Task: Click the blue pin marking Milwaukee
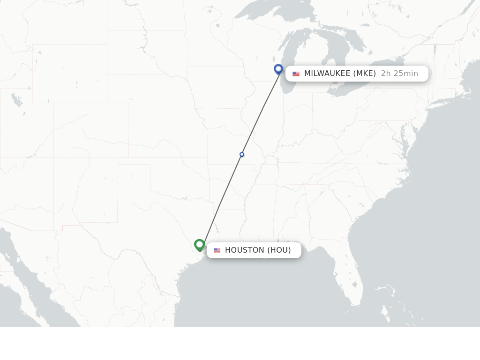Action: tap(278, 69)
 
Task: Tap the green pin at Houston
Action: tap(200, 245)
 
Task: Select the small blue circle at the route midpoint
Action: tap(242, 155)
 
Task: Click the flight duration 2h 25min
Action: tap(399, 74)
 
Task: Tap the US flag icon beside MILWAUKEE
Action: tap(296, 74)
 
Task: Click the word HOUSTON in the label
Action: tap(245, 250)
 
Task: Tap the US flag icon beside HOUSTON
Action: tap(217, 250)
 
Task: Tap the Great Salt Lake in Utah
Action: tap(16, 100)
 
